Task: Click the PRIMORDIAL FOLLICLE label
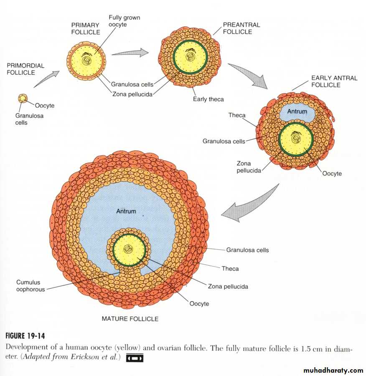(x=25, y=69)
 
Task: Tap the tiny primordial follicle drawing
(x=23, y=99)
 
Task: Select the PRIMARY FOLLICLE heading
(x=85, y=28)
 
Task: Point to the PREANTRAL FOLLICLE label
(x=241, y=28)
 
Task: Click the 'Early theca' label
(x=208, y=99)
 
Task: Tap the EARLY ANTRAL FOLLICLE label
(x=334, y=81)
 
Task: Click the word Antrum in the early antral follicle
(x=297, y=112)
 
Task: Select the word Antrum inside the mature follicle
(x=126, y=211)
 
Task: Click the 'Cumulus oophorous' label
(x=30, y=286)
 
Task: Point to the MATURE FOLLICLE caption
(x=130, y=319)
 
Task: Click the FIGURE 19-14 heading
(x=25, y=336)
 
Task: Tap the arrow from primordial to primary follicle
(x=46, y=79)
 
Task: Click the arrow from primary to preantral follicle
(x=130, y=53)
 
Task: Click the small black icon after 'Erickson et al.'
(x=135, y=358)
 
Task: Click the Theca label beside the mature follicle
(x=230, y=269)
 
